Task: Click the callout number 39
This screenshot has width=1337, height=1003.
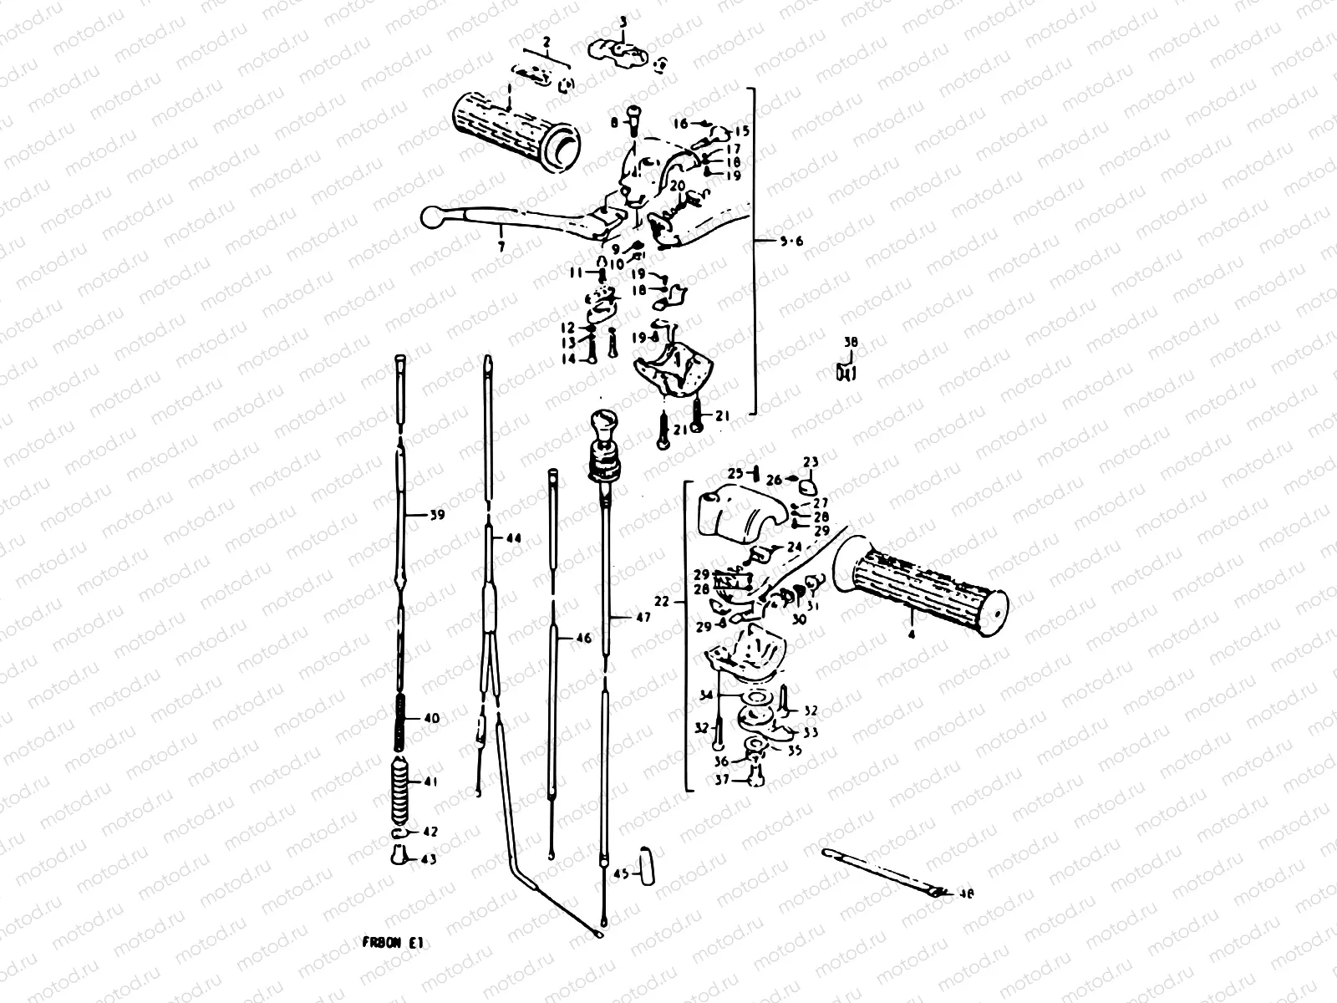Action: (x=435, y=515)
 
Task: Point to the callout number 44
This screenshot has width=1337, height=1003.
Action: (x=513, y=539)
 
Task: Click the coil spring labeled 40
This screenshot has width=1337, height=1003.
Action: (x=400, y=718)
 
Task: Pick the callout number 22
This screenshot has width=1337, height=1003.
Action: (x=662, y=601)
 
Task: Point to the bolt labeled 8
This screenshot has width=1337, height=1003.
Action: (x=632, y=120)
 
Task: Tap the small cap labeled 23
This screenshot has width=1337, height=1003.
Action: (x=806, y=482)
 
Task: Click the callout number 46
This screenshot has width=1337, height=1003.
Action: (x=582, y=639)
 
